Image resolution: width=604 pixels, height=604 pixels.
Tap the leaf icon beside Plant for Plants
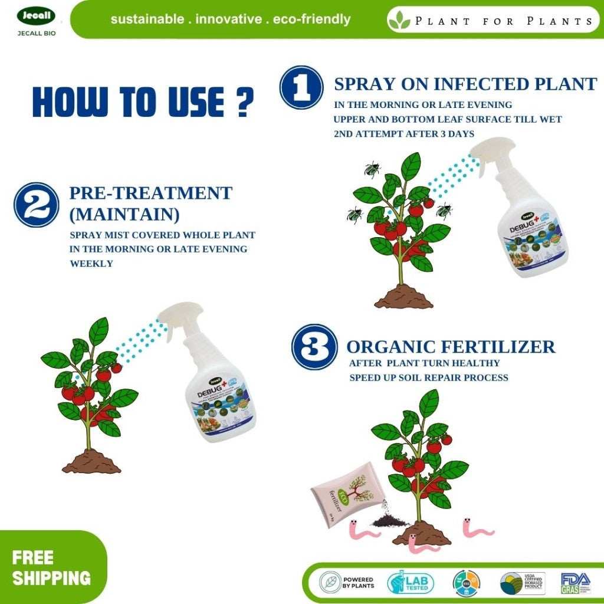(x=399, y=20)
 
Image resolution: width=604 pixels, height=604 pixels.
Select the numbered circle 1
(x=301, y=87)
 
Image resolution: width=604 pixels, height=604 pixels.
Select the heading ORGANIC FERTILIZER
(x=451, y=346)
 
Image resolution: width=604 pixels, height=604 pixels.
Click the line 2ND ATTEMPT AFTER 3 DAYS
(x=403, y=134)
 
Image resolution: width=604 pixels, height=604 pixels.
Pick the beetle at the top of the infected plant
(x=372, y=170)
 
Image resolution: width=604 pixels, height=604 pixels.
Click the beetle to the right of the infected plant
(x=444, y=211)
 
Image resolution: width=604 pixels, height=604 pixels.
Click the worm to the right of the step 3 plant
(x=477, y=527)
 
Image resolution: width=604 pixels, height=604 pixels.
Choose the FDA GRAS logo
(x=575, y=583)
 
